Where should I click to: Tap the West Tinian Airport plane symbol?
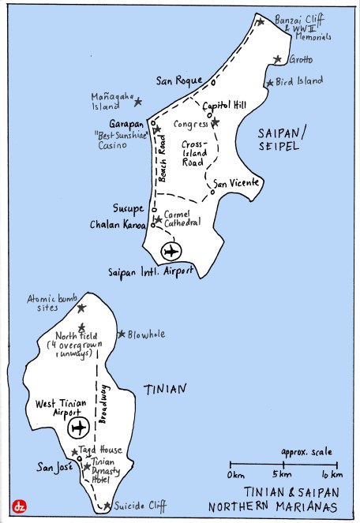(77, 428)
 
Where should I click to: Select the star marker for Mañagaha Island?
(138, 102)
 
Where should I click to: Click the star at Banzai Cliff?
(261, 21)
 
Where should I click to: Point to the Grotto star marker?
(277, 59)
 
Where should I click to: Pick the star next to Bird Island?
(269, 82)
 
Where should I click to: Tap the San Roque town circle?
(212, 81)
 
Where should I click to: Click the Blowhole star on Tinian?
(122, 334)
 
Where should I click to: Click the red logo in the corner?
(17, 506)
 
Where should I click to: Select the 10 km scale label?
(332, 475)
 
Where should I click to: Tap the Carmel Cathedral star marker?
(158, 219)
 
